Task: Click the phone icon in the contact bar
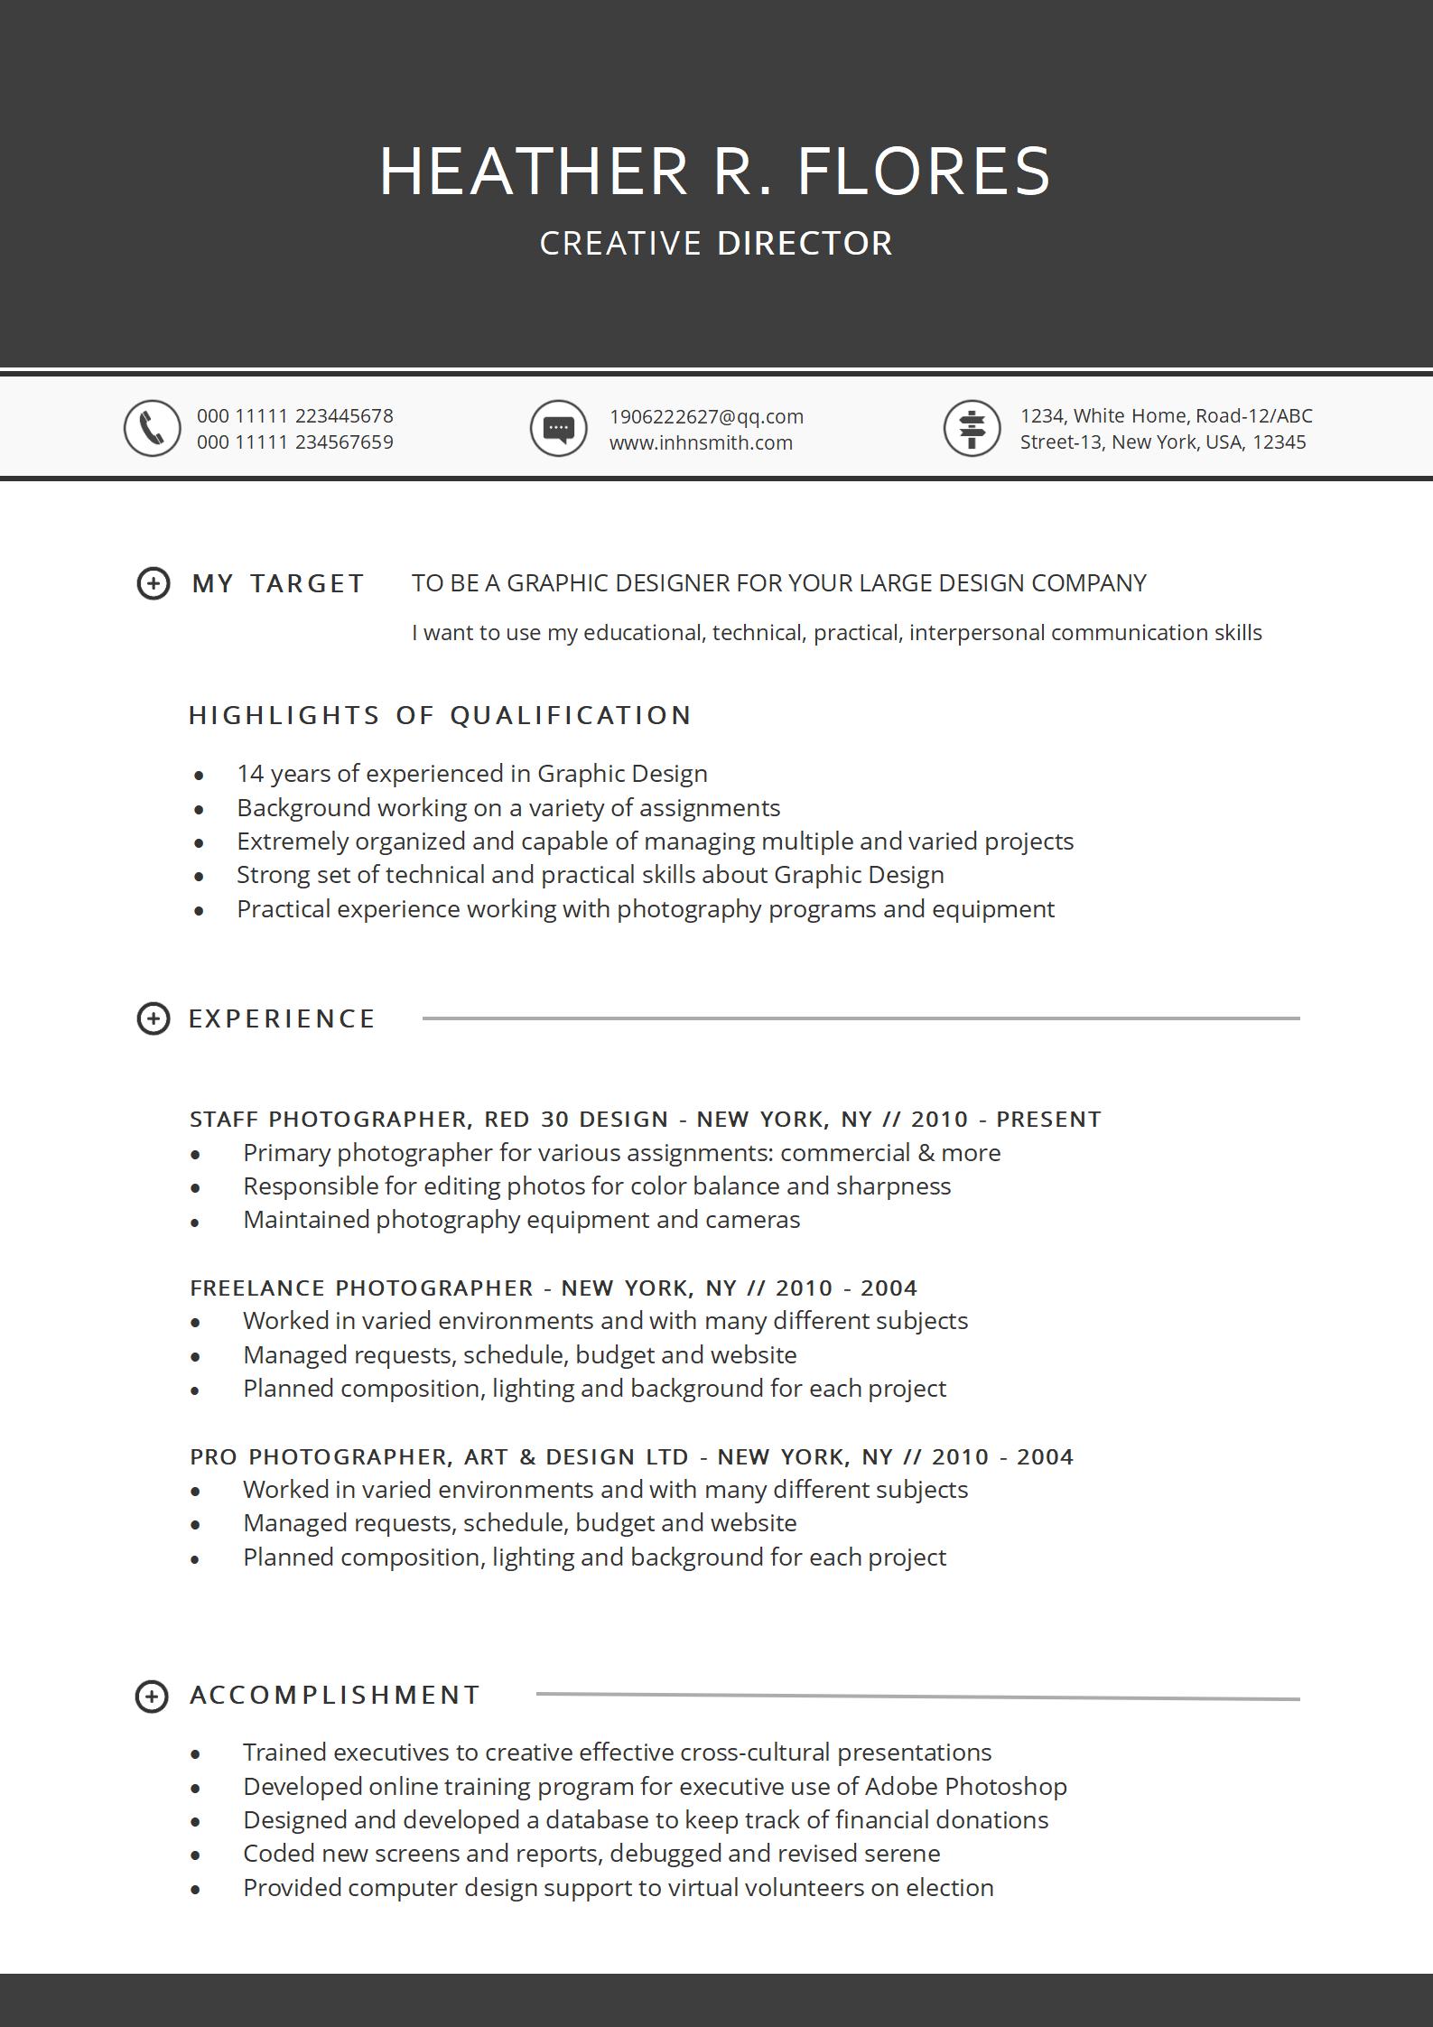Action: click(x=152, y=428)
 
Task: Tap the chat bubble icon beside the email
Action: click(x=558, y=428)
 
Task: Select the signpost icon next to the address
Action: click(x=972, y=428)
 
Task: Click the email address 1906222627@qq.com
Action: click(x=706, y=416)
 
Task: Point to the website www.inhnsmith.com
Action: click(x=701, y=442)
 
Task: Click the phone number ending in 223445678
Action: click(x=295, y=416)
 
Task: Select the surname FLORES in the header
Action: click(x=924, y=172)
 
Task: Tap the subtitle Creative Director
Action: click(x=716, y=244)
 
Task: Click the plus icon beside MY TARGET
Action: click(x=153, y=583)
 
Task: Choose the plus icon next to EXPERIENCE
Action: click(x=153, y=1018)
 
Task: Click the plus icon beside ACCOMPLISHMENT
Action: click(x=151, y=1696)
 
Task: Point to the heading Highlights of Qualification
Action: click(x=440, y=715)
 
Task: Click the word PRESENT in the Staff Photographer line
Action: click(x=1048, y=1119)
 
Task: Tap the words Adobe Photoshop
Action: click(x=965, y=1786)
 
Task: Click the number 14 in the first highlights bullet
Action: click(x=249, y=774)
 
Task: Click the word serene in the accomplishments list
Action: click(x=902, y=1854)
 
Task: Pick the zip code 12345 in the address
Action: click(x=1279, y=442)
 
